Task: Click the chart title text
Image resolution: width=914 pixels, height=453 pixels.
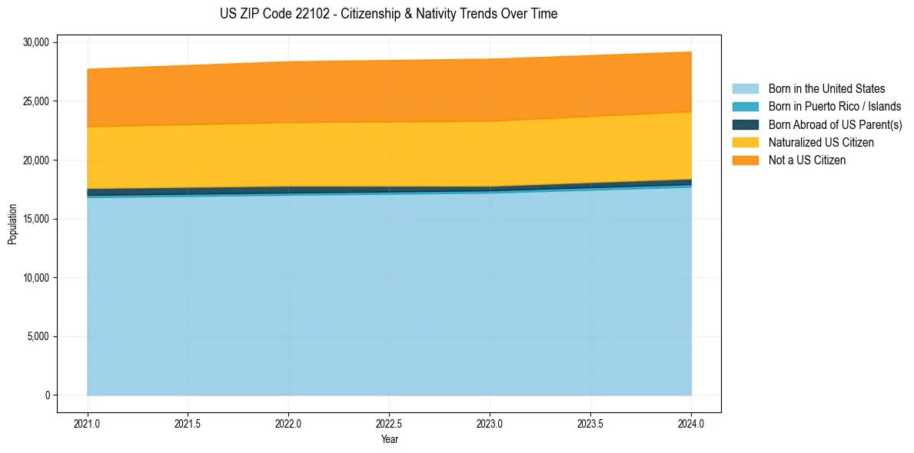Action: pos(388,14)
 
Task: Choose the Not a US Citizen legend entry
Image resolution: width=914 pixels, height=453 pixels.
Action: pos(806,160)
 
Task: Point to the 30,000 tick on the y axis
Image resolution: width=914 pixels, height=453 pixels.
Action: pos(36,42)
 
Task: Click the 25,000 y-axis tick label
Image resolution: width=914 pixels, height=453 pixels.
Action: pos(36,101)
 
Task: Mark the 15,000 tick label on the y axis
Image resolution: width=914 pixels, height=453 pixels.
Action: pos(36,219)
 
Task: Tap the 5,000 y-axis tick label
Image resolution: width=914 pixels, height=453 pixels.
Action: pos(38,336)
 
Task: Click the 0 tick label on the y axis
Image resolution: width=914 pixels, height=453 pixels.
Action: pos(47,395)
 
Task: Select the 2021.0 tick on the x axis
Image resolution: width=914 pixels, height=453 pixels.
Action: pos(88,423)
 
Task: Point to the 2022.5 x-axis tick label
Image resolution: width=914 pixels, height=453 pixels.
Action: pos(389,423)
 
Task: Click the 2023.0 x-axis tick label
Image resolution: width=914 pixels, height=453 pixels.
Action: pos(490,423)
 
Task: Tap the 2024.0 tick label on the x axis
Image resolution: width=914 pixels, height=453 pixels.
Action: pos(691,423)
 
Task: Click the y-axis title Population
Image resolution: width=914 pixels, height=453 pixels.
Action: pos(12,224)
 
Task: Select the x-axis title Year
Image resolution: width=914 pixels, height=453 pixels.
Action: pos(389,440)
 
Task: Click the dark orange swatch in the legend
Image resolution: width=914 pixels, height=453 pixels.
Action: pos(745,160)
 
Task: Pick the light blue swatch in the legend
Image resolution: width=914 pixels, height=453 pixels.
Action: pos(745,89)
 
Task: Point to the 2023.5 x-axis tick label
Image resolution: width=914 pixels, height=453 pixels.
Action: pos(590,423)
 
